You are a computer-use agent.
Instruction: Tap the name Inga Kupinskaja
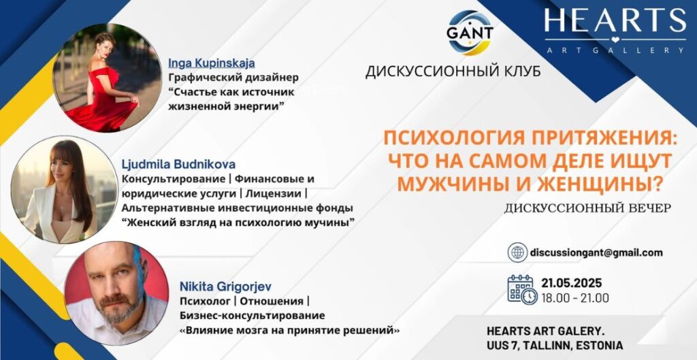pos(212,63)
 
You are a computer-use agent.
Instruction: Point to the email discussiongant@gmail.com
pos(596,252)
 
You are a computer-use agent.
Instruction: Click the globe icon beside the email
pos(517,252)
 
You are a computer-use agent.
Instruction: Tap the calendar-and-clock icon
pos(522,290)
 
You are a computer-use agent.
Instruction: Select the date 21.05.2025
pos(571,282)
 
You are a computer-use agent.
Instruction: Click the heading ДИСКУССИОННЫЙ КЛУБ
pos(453,72)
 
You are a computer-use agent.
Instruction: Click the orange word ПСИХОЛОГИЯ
pos(451,143)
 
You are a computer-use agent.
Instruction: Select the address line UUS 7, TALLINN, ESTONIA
pos(554,345)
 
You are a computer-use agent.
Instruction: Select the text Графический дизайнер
pos(233,78)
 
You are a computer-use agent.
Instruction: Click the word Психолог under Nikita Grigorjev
pos(206,301)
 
